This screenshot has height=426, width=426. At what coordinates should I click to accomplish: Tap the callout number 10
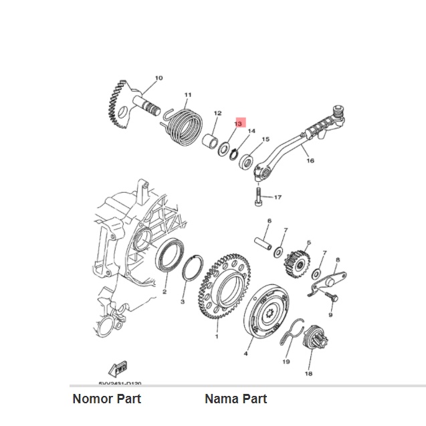(158, 78)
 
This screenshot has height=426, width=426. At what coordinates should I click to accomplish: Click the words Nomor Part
(106, 399)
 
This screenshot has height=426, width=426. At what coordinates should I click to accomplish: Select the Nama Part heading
(235, 399)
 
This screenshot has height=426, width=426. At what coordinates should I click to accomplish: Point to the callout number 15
(265, 140)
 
